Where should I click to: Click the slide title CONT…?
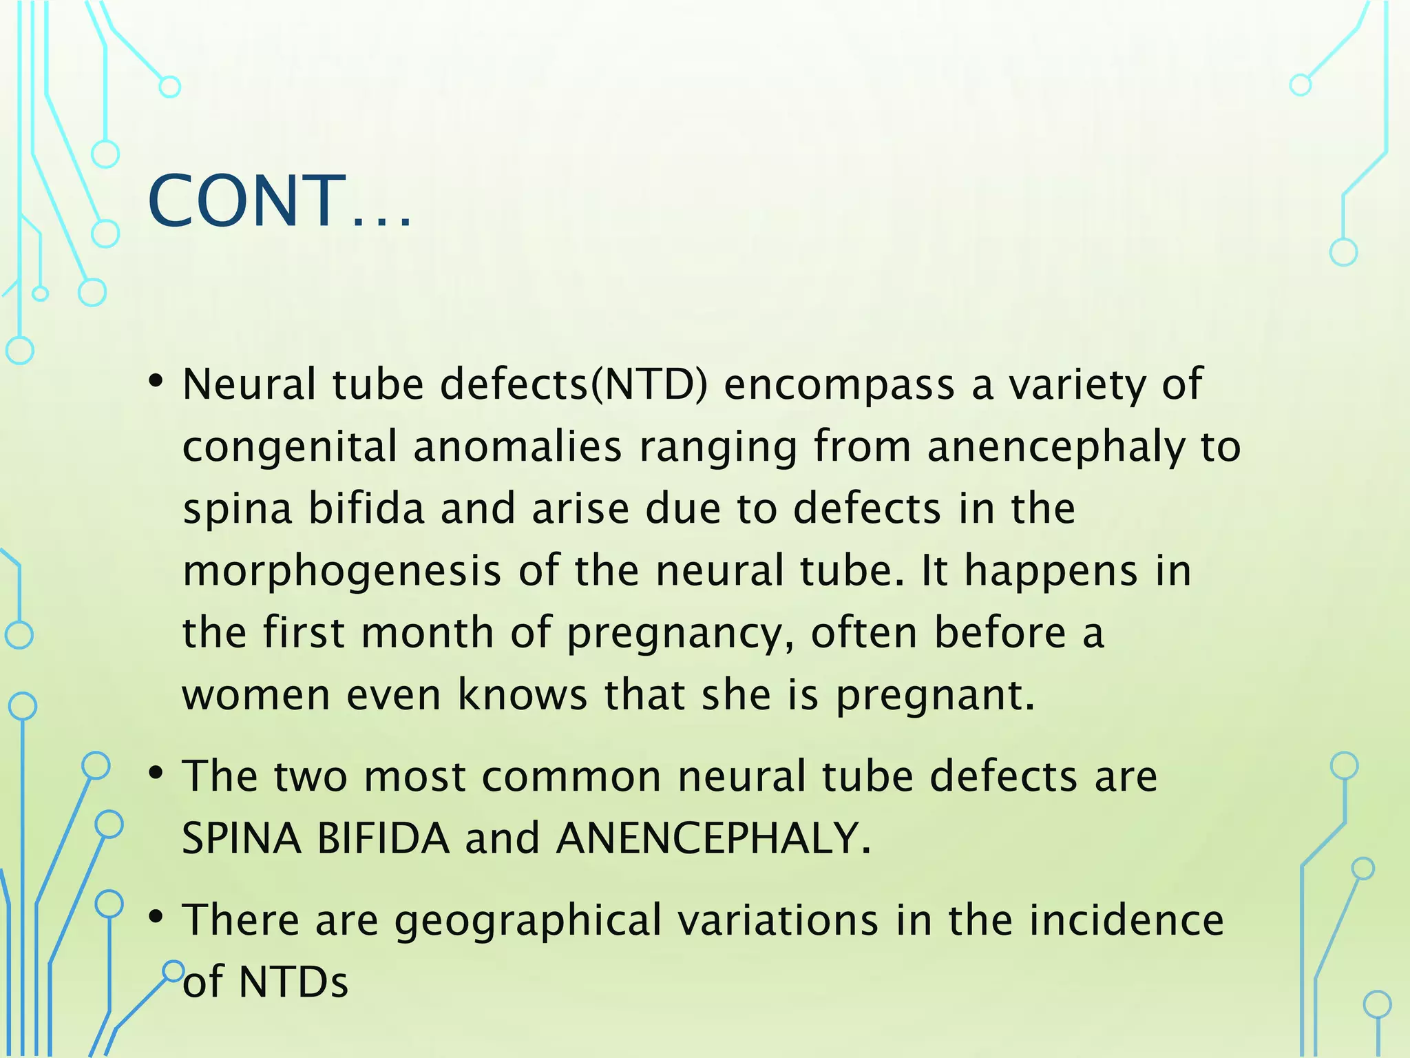280,200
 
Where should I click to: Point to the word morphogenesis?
342,572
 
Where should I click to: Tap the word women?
255,694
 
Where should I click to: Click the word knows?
523,694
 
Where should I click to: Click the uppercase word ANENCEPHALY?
708,838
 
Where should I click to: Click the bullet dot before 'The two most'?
156,774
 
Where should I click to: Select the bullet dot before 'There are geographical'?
156,917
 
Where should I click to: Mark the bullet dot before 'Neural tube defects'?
156,381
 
